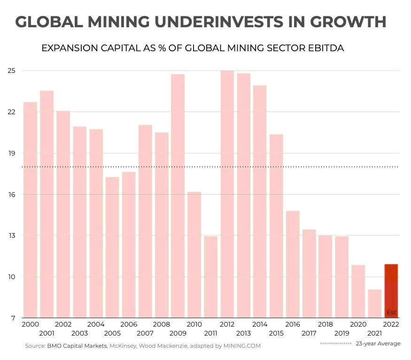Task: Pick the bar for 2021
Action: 375,303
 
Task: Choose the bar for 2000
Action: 30,210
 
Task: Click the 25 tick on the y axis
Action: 12,71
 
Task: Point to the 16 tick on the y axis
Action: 12,195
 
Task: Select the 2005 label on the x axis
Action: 112,333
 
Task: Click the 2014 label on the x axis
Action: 260,324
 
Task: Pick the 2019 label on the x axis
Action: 341,333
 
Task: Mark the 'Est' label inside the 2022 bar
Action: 391,313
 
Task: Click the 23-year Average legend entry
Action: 361,344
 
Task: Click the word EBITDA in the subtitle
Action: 322,48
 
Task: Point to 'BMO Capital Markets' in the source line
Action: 77,346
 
